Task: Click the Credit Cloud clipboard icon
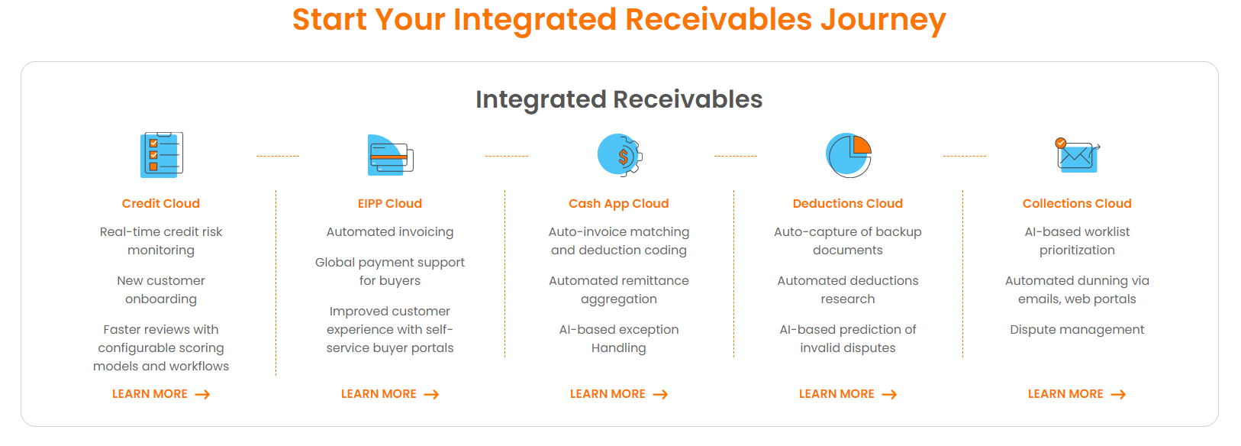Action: click(161, 154)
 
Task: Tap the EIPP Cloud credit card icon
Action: click(391, 155)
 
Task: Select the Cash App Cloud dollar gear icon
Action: click(620, 155)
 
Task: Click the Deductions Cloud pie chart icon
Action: click(849, 155)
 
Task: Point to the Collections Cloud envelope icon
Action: click(1078, 155)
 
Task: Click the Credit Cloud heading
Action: click(161, 203)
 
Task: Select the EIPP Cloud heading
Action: click(390, 203)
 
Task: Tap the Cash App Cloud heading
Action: click(619, 204)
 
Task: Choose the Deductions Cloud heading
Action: click(848, 203)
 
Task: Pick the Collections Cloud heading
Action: click(1077, 203)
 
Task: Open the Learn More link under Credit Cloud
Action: click(161, 394)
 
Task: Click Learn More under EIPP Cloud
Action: click(390, 394)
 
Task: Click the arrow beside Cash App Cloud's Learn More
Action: click(660, 395)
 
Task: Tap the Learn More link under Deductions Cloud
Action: click(848, 394)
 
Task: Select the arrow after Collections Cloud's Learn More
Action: click(1119, 395)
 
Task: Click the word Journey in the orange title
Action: click(883, 21)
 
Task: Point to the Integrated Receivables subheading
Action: click(619, 100)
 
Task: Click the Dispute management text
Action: click(1077, 330)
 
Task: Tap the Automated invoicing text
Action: click(390, 232)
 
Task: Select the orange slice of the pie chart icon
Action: click(862, 145)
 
